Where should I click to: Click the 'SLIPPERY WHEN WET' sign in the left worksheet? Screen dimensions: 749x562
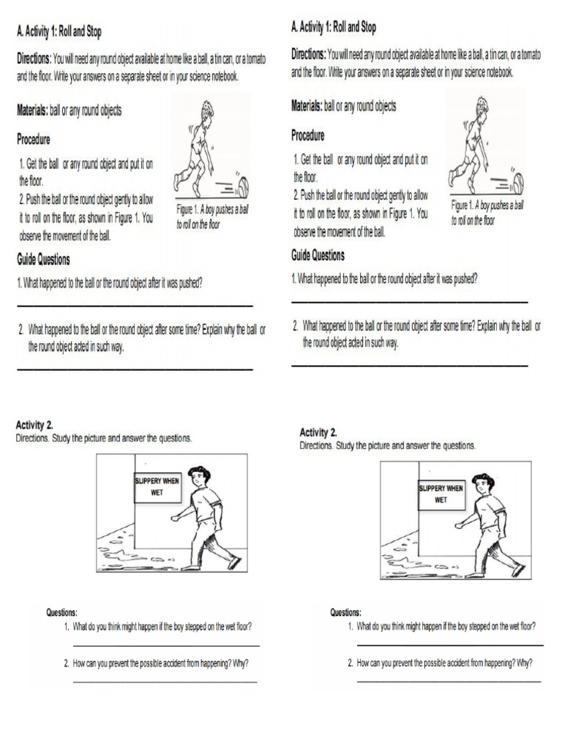156,486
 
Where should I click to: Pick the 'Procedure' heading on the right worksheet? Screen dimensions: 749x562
307,135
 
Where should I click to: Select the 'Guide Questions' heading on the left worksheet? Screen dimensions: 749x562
43,260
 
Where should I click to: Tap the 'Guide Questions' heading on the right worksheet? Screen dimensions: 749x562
318,255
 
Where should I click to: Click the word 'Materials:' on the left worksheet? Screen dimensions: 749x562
32,110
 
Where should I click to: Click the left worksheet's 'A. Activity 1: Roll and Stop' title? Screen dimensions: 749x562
59,31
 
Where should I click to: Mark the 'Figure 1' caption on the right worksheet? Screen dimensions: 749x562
487,211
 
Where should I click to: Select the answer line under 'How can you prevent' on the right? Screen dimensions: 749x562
449,682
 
